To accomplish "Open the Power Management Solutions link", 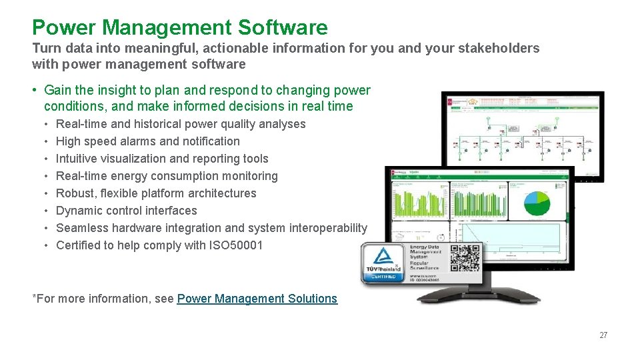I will (x=257, y=299).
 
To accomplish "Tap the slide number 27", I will (x=603, y=335).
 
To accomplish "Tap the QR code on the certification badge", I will (x=465, y=258).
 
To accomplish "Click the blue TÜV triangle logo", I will (x=383, y=257).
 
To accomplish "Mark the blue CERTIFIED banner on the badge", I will (x=383, y=275).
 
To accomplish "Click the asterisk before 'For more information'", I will (x=35, y=297).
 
